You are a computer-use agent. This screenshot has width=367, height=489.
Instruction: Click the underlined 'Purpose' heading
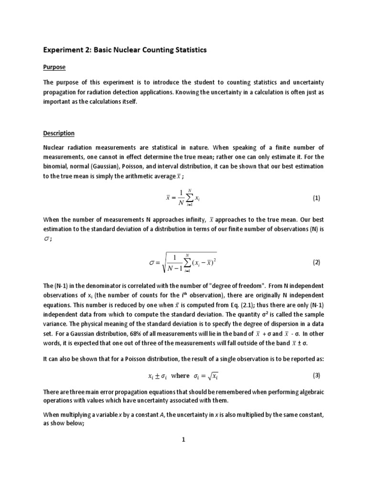tap(54, 67)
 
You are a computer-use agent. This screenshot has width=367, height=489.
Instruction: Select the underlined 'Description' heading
tap(59, 133)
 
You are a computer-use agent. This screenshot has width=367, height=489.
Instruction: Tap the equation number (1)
tap(316, 198)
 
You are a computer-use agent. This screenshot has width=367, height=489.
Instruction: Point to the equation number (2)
tap(316, 262)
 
